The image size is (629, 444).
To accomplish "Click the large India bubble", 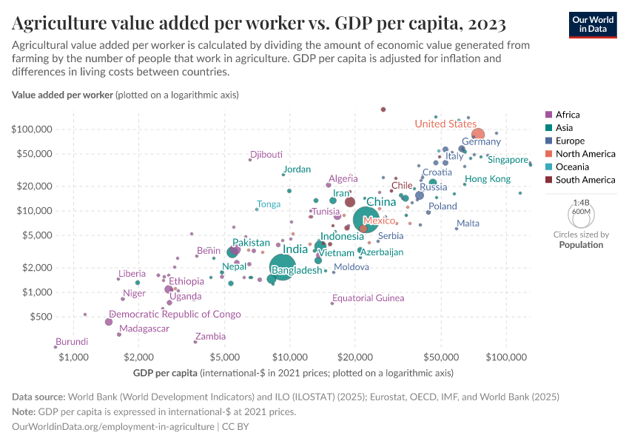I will [x=282, y=267].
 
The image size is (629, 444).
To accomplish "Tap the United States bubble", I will [x=477, y=135].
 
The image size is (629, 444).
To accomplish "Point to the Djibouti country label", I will [x=266, y=155].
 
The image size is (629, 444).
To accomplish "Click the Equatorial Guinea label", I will [x=369, y=298].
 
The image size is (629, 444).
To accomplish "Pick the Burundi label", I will [x=72, y=342].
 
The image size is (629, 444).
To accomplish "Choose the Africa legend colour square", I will [x=548, y=115].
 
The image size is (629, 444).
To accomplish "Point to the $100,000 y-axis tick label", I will [x=31, y=129].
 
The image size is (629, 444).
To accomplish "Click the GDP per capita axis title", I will [x=166, y=372].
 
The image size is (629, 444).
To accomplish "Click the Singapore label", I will [x=508, y=160].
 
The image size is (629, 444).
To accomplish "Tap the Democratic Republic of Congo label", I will [x=175, y=314].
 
